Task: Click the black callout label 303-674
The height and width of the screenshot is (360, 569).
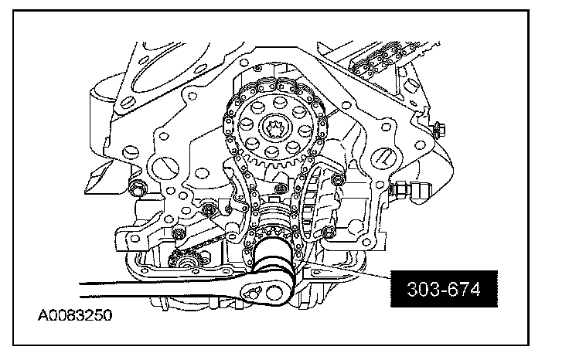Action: (x=444, y=289)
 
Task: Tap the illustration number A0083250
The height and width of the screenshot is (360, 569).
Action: (x=75, y=315)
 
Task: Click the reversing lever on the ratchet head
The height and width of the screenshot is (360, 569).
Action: (x=253, y=291)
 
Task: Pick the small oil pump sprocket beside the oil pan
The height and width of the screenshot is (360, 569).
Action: (x=186, y=260)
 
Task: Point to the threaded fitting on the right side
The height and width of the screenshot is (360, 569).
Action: (x=411, y=189)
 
